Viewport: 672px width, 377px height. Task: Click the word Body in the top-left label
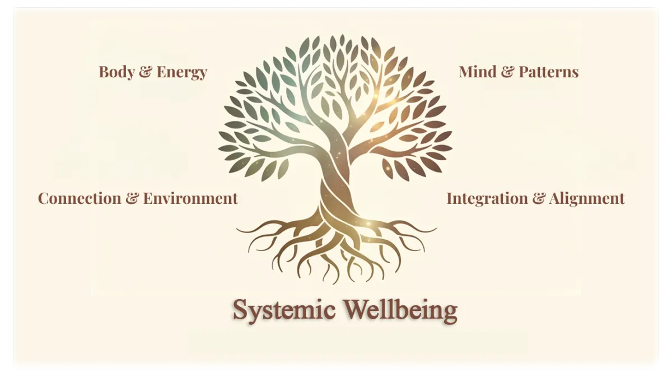point(116,72)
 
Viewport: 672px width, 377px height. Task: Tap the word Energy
point(182,72)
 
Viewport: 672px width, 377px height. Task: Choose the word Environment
point(190,198)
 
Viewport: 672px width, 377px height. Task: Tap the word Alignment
point(587,198)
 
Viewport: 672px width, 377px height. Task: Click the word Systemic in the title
point(284,310)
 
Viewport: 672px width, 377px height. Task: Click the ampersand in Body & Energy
point(145,72)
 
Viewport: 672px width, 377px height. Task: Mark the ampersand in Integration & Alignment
point(538,198)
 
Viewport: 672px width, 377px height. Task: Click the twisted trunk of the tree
point(335,185)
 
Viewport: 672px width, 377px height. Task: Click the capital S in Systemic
point(240,309)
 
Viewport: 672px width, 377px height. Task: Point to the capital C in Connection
point(43,198)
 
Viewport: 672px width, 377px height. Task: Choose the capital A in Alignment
point(555,198)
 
